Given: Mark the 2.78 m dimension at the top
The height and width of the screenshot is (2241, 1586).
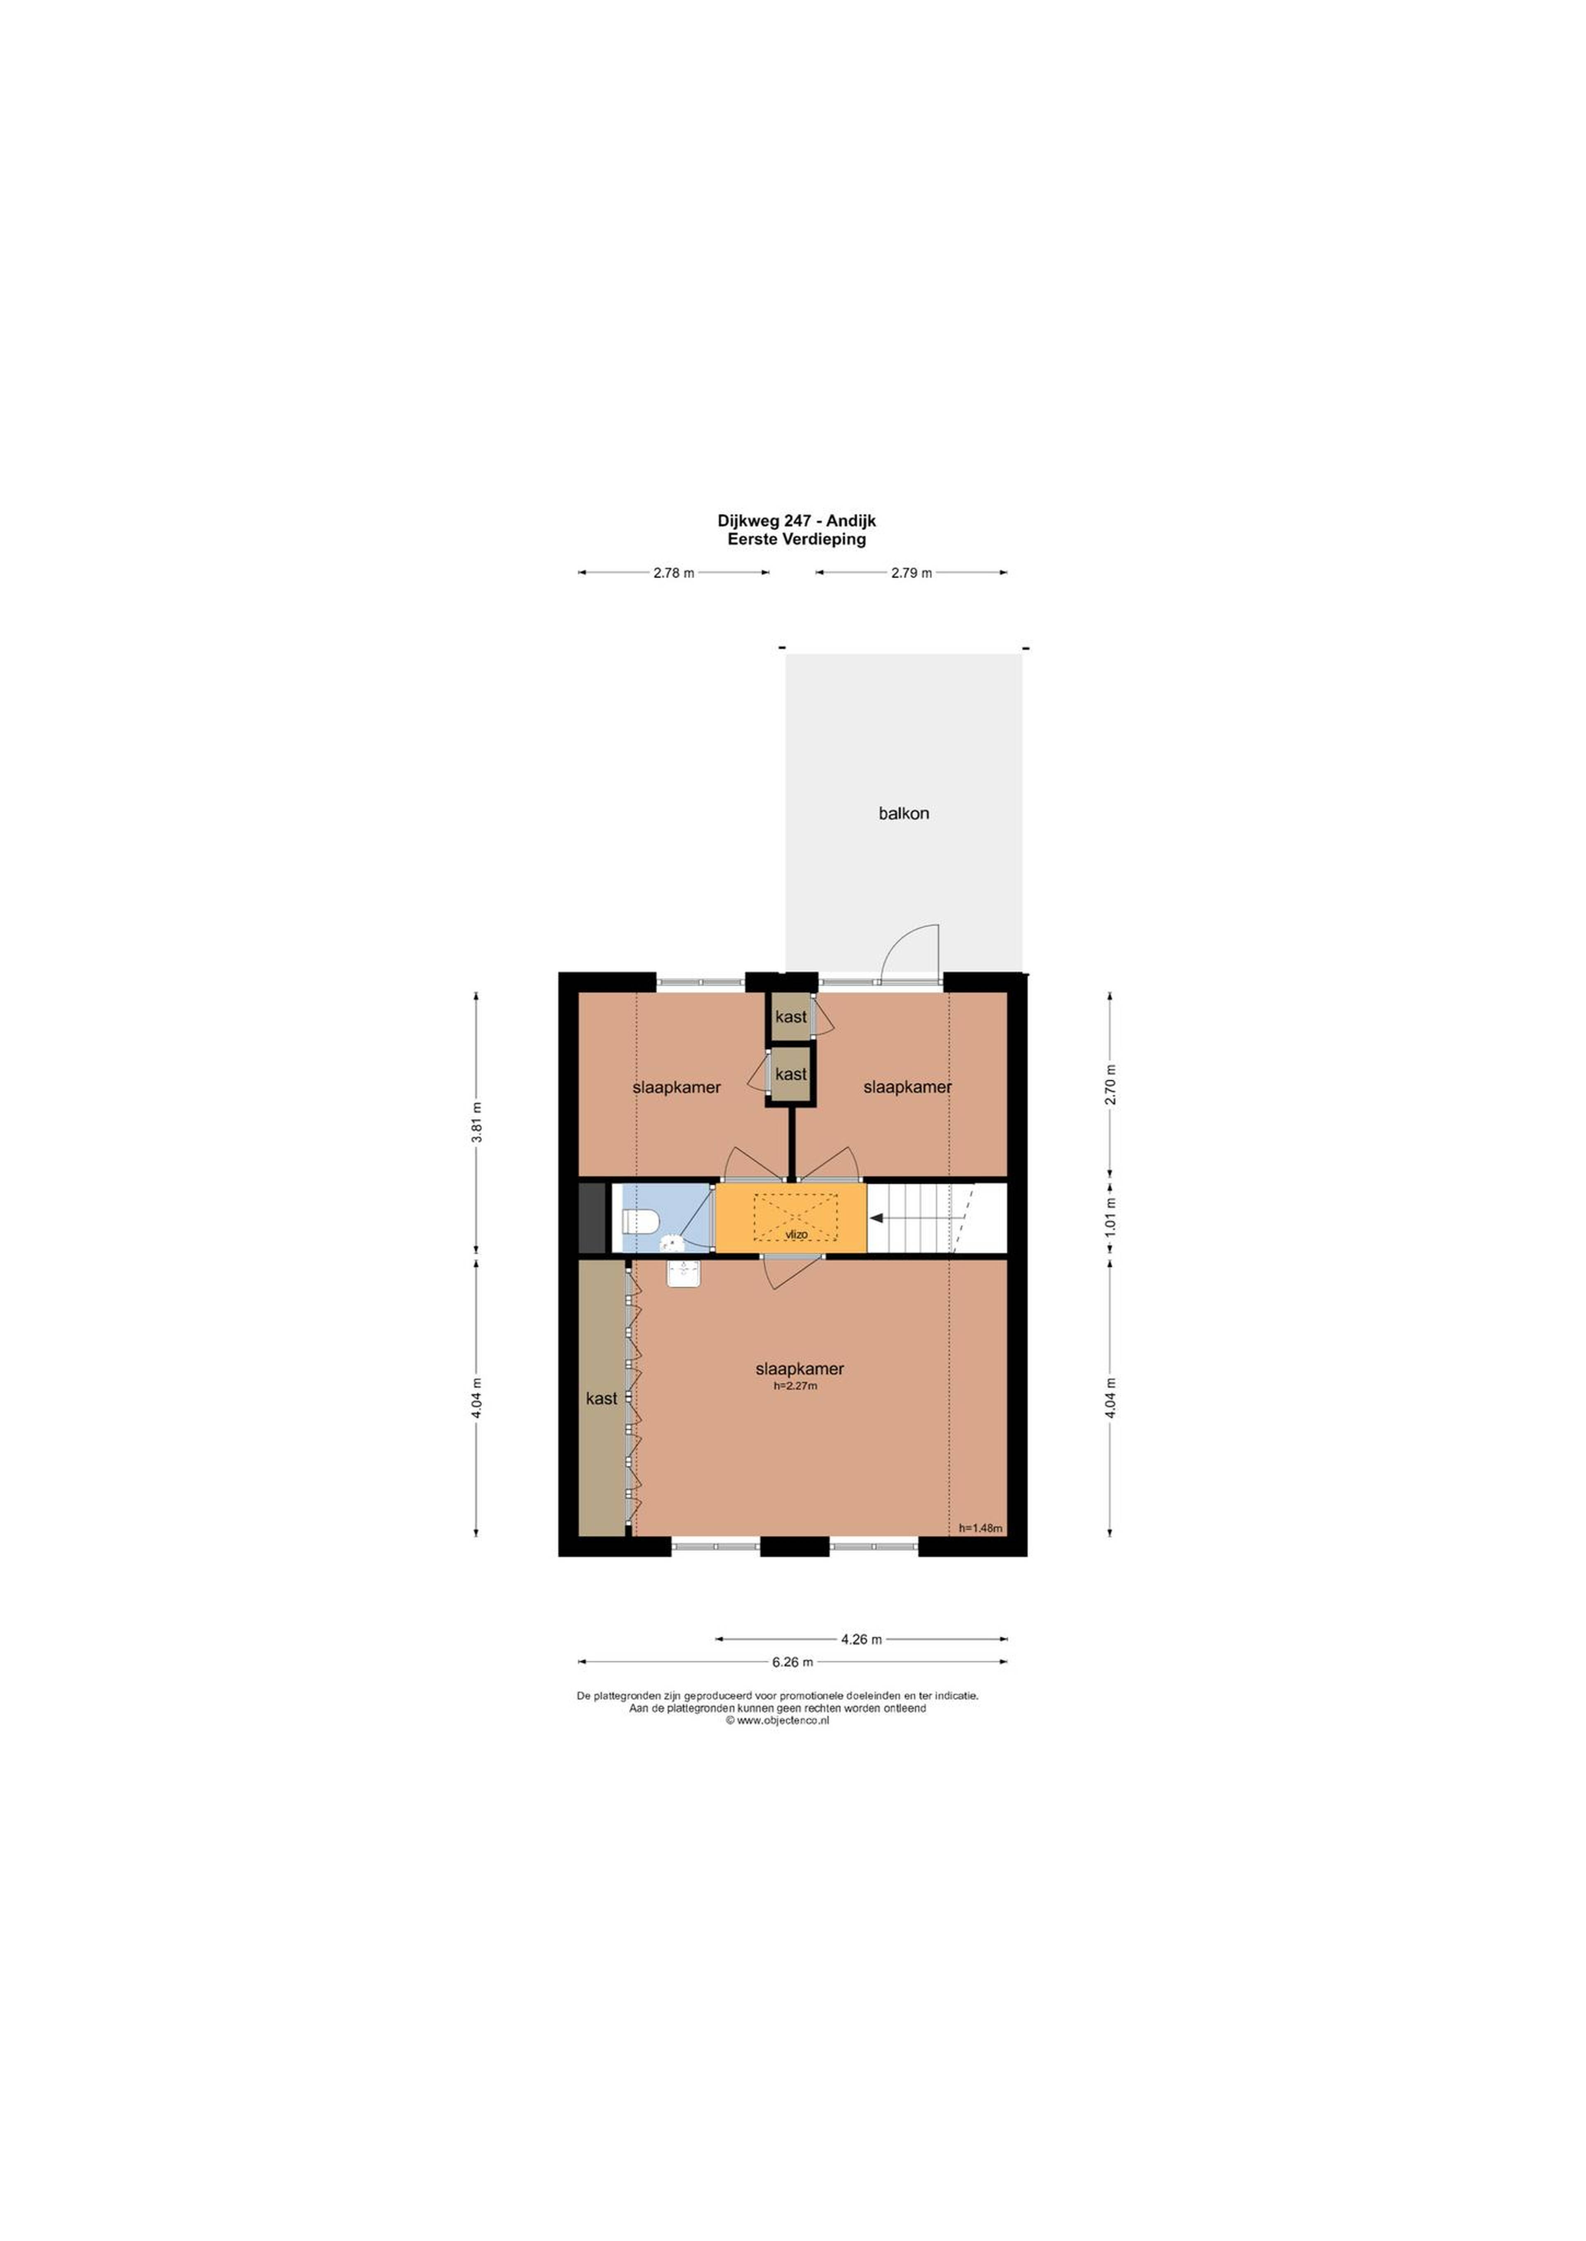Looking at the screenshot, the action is (x=674, y=573).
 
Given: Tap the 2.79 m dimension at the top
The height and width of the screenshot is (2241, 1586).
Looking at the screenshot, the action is (x=911, y=573).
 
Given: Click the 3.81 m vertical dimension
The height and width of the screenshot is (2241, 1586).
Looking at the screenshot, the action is (x=477, y=1122).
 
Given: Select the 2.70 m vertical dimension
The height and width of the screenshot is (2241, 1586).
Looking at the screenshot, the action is (x=1109, y=1084).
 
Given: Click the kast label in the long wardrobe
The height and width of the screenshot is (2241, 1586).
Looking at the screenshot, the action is (x=602, y=1398).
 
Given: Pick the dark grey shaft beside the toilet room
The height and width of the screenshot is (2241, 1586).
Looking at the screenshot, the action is (x=592, y=1218).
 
